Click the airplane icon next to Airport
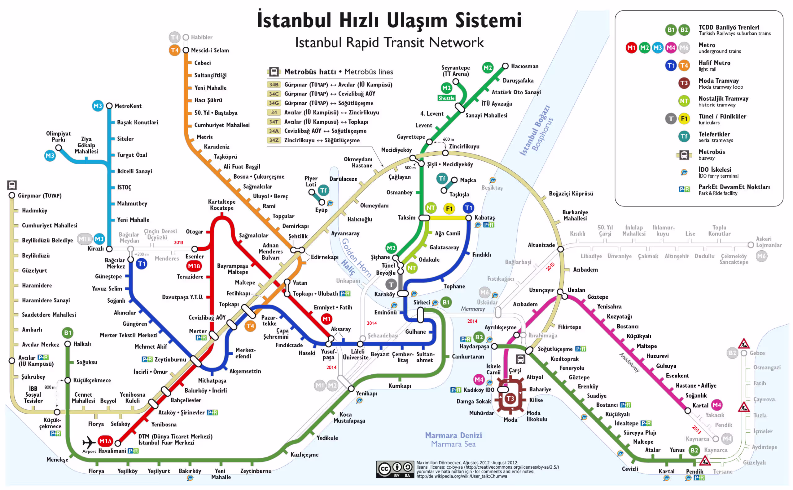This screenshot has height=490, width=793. pos(89,442)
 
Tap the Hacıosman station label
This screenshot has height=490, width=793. pos(525,66)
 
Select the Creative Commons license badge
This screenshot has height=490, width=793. pos(395,469)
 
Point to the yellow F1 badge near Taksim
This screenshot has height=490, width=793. pos(449,209)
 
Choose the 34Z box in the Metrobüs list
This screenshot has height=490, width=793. pos(274,140)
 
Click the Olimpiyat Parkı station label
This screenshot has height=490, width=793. pos(58,136)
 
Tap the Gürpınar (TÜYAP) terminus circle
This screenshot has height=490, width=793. pos(12,195)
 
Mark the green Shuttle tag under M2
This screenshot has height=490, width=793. pos(446,98)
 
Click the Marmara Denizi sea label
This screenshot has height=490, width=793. pos(453,435)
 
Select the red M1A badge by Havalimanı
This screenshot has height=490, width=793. pos(105,441)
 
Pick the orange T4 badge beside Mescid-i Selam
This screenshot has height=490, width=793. pos(174,50)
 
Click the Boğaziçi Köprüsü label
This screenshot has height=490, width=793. pos(571,194)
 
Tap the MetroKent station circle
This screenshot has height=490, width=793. pos(109,106)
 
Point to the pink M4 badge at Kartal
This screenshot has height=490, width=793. pos(716,405)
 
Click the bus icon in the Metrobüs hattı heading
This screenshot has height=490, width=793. pos(274,72)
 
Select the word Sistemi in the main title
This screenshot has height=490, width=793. pos(489,20)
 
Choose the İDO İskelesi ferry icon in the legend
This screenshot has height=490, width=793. pos(684,172)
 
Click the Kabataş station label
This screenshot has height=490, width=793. pos(484,218)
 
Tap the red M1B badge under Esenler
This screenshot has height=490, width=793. pos(194,266)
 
